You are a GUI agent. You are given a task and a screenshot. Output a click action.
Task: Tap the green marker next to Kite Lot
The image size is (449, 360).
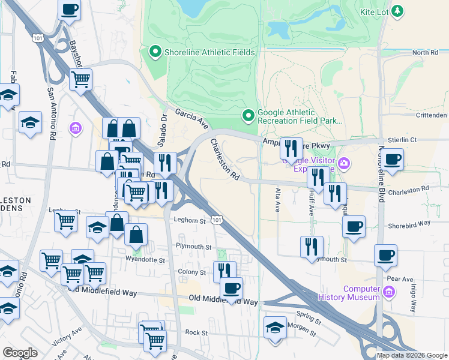(397, 11)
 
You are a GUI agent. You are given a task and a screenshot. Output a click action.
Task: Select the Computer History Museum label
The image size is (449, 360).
(362, 293)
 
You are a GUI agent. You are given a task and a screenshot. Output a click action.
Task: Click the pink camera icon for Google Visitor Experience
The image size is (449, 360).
(343, 162)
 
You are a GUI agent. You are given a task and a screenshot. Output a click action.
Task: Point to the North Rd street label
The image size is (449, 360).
(425, 53)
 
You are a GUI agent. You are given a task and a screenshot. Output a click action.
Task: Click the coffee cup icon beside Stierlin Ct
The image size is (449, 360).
(393, 160)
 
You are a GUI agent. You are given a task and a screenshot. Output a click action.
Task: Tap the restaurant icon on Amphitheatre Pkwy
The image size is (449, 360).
(291, 148)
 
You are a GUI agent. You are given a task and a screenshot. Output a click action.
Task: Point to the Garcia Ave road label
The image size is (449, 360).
(191, 118)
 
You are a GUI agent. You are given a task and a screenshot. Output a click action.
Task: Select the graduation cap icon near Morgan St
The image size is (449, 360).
(276, 328)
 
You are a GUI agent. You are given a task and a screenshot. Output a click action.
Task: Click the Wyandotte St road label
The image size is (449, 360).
(145, 260)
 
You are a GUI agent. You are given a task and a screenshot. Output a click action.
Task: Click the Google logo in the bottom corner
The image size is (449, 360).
(19, 353)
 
